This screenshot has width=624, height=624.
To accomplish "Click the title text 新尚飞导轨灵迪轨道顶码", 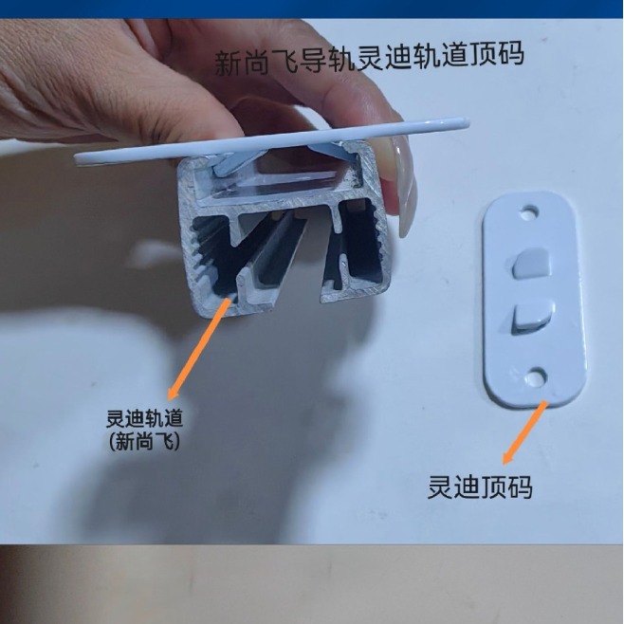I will [370, 58].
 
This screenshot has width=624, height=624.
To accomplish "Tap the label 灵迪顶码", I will [480, 486].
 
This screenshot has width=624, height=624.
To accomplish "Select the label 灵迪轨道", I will [144, 418].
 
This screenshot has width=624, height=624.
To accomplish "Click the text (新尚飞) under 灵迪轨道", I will [144, 440].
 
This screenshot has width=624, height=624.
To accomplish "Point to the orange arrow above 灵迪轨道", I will [198, 345].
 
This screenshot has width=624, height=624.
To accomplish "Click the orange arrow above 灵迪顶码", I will [525, 431].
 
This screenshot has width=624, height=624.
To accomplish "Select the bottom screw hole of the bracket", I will [539, 376].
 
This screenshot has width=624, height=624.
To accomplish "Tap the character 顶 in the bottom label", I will [493, 486].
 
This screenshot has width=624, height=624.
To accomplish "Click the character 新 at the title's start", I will [228, 63].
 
